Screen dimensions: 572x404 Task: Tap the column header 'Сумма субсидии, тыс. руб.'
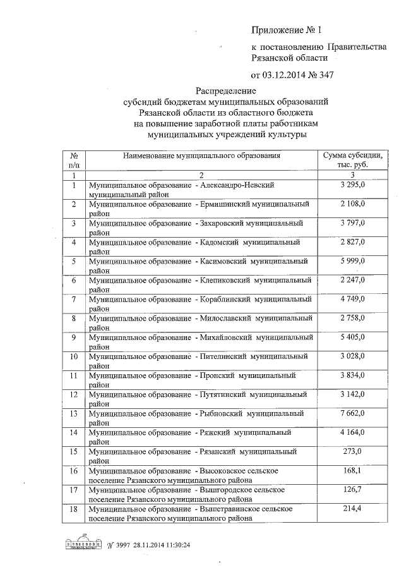pyautogui.click(x=352, y=159)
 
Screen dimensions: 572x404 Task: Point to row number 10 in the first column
pyautogui.click(x=74, y=356)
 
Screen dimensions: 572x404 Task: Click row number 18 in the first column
pyautogui.click(x=74, y=508)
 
